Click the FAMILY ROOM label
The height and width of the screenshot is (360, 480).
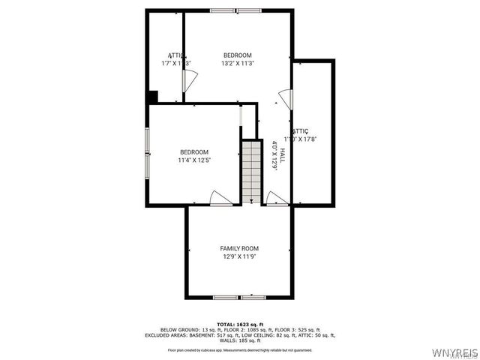point(239,248)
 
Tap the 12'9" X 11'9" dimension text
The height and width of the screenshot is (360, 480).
point(239,257)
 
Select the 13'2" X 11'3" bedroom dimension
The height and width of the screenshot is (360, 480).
point(238,64)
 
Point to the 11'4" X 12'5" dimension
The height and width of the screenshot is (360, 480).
point(193,160)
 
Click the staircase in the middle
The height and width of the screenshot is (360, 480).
point(250,172)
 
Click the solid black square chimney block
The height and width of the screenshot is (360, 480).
point(152,97)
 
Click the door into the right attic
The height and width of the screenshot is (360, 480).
point(284,97)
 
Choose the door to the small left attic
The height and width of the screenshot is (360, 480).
point(190,80)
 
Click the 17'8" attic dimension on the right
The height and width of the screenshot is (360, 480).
point(307,139)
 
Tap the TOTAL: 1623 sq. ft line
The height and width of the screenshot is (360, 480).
point(239,324)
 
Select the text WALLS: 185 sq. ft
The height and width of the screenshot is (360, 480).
point(240,340)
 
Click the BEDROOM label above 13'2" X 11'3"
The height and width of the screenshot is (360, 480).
point(238,55)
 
